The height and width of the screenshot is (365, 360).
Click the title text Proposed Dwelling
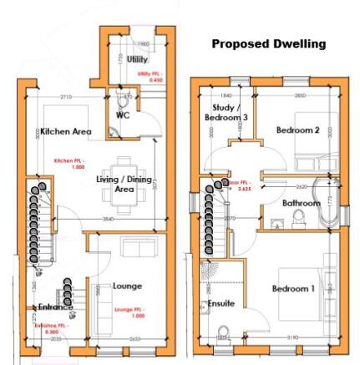[x=268, y=43]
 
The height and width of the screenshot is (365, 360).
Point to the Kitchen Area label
[x=65, y=132]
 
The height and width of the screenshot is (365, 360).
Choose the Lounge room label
[x=127, y=285]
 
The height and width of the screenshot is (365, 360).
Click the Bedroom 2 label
[x=297, y=130]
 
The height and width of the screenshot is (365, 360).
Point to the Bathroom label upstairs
[x=300, y=203]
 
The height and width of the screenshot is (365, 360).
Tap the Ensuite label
[x=222, y=303]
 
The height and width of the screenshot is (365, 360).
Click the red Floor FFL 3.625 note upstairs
[x=242, y=186]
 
